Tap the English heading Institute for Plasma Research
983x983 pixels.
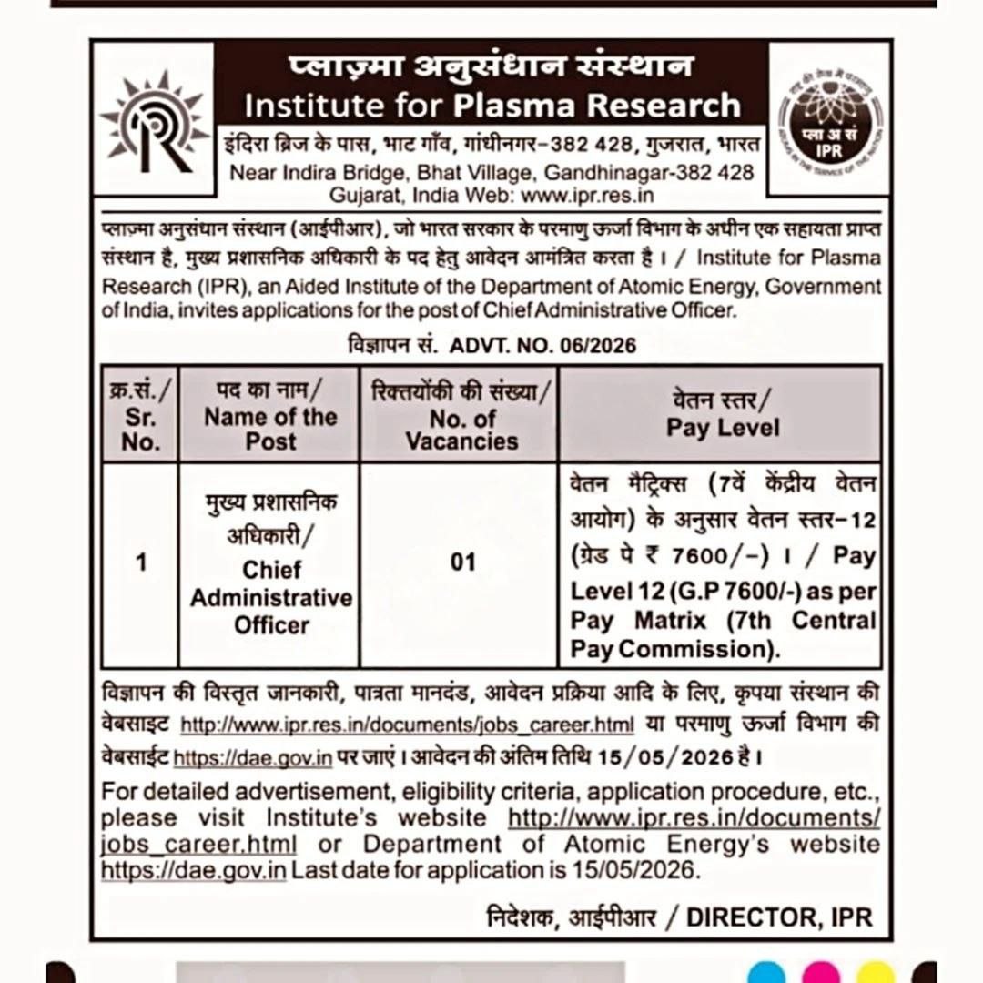492,106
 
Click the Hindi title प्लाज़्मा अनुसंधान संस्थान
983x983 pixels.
491,66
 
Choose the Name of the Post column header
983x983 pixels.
270,416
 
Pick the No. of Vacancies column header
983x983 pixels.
461,417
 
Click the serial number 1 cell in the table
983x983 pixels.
140,562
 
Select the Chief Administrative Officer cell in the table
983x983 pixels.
270,597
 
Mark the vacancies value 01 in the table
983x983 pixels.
462,562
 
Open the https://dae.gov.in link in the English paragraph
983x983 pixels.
194,870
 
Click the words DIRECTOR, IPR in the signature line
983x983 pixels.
780,917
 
